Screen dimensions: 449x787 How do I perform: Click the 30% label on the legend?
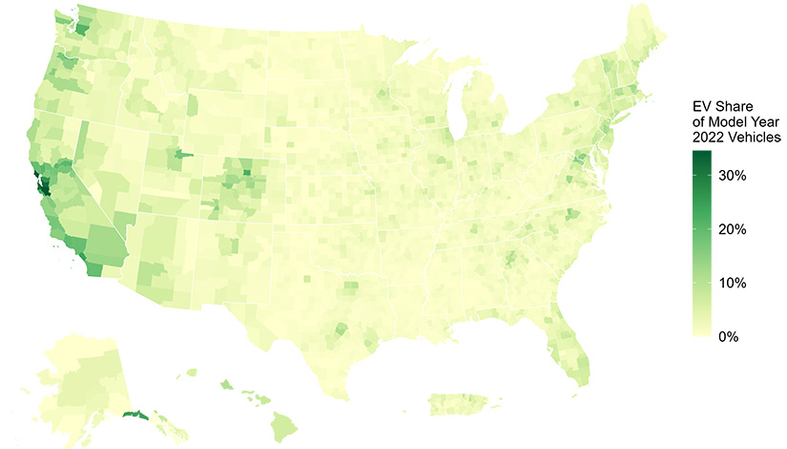[732, 177]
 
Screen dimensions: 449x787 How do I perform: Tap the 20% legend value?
[732, 230]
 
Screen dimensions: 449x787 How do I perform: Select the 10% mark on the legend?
[732, 284]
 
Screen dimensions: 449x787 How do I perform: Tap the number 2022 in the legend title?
[711, 139]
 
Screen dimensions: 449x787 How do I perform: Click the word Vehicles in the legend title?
[756, 139]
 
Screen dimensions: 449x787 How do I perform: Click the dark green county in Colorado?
[246, 172]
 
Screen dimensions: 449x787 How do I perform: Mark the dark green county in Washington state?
[80, 30]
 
